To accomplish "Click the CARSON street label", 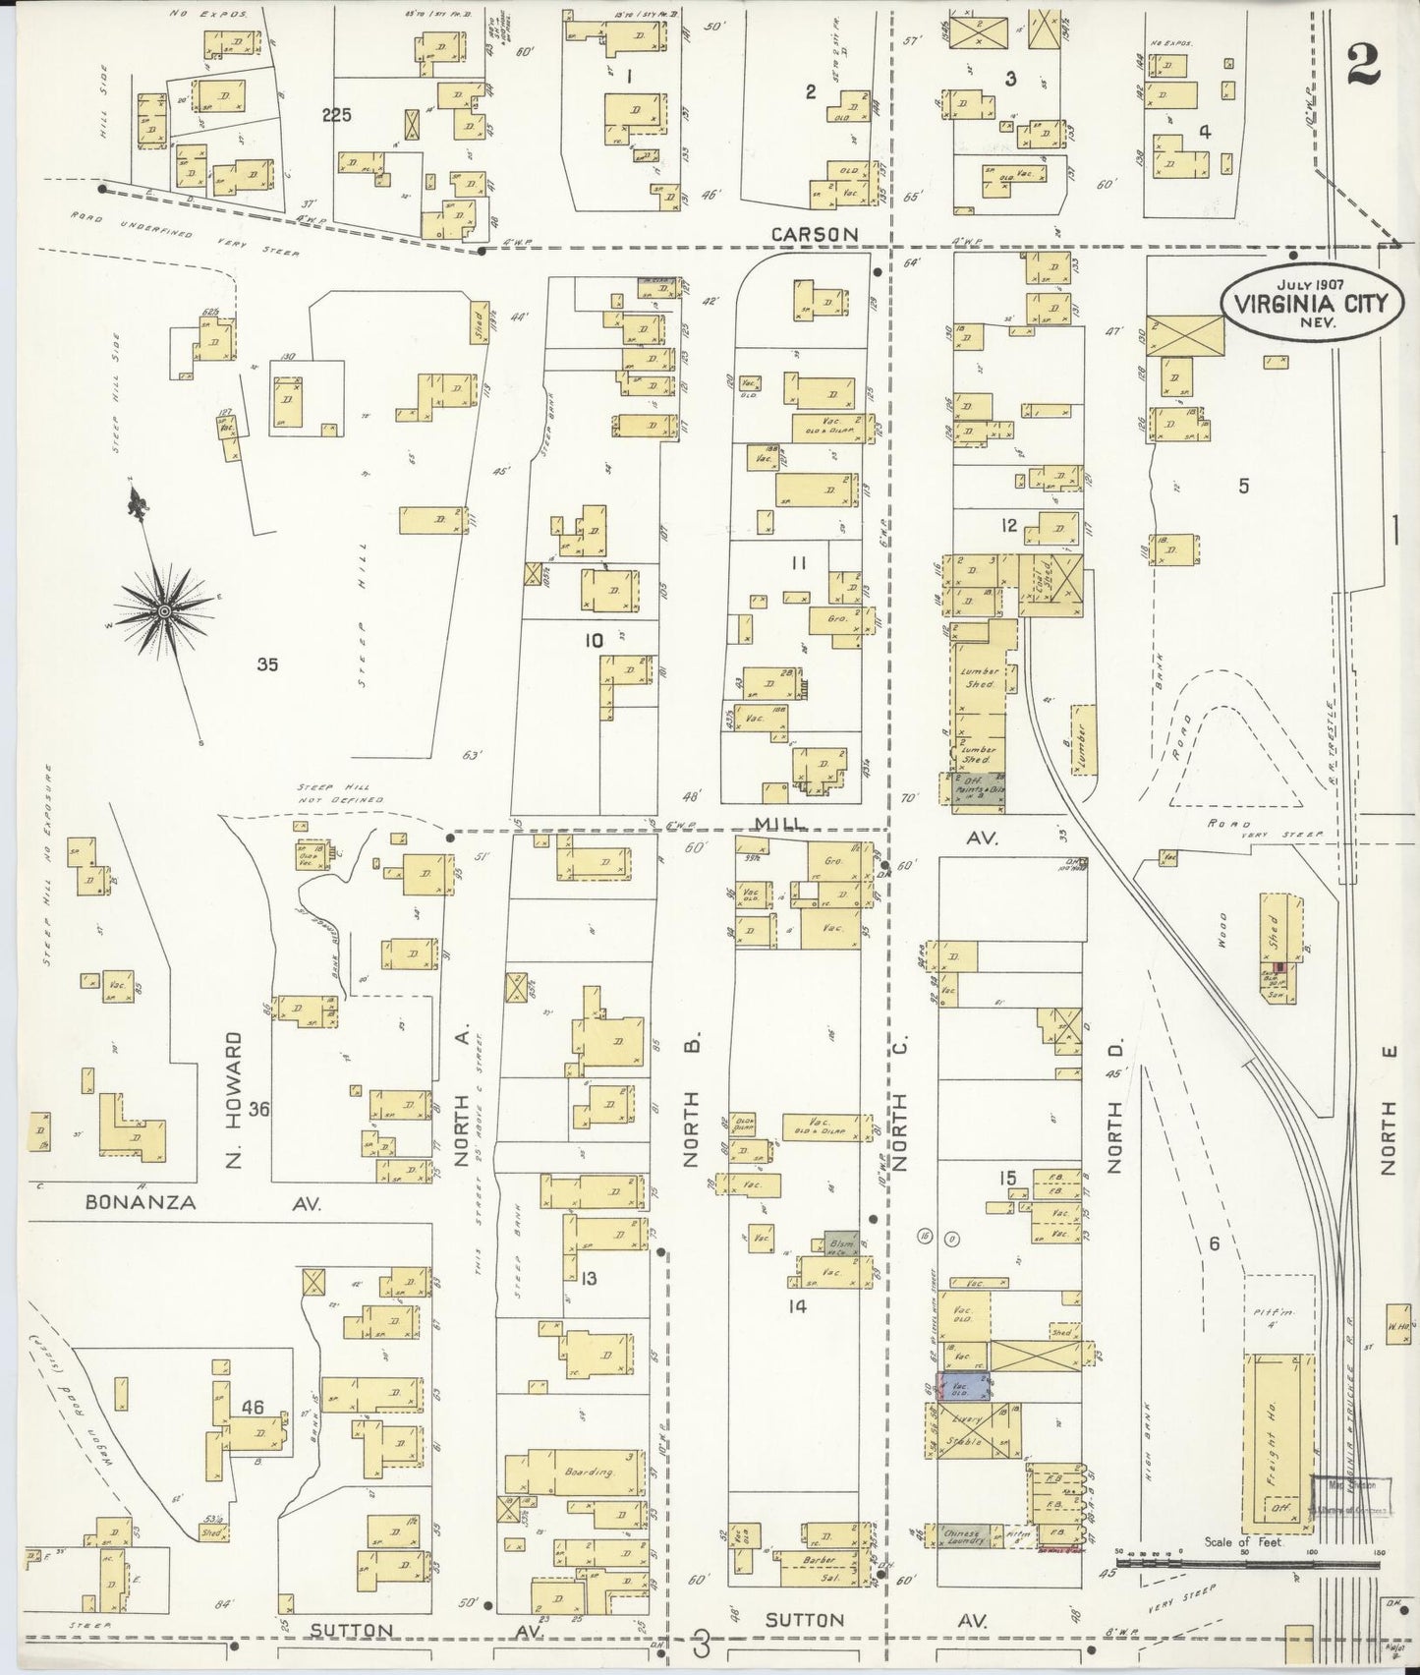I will [815, 234].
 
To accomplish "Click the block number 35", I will [266, 664].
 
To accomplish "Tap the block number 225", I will [336, 115].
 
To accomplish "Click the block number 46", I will [253, 1407].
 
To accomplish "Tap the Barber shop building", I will [822, 1587].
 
